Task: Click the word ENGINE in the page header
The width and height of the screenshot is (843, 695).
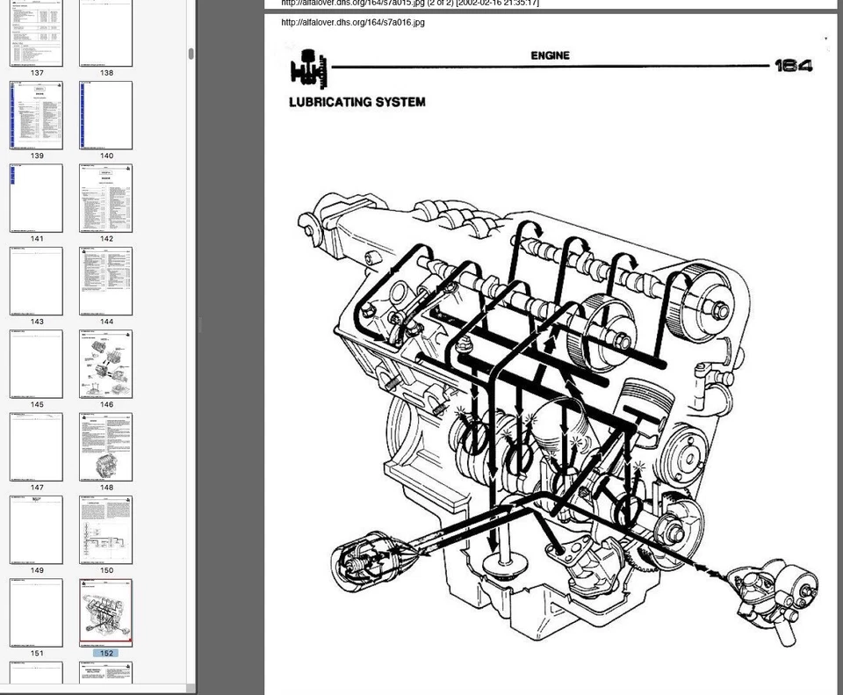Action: coord(550,55)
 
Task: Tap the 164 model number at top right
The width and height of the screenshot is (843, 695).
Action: coord(793,66)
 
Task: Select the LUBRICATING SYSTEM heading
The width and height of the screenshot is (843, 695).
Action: coord(357,102)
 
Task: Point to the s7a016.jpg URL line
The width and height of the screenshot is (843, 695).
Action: coord(353,22)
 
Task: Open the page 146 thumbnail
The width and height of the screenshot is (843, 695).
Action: coord(106,364)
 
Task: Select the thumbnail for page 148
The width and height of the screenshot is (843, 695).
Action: coord(106,446)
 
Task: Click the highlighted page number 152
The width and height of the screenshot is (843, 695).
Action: coord(106,653)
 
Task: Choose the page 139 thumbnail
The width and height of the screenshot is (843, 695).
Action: coord(36,115)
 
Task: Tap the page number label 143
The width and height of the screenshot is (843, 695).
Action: coord(36,322)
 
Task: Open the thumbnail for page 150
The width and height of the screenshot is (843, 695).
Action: coord(106,529)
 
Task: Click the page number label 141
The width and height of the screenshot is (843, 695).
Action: coord(36,239)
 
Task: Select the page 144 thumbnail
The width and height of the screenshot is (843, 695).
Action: coord(106,281)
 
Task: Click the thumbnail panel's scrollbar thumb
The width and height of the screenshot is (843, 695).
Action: coord(191,54)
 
